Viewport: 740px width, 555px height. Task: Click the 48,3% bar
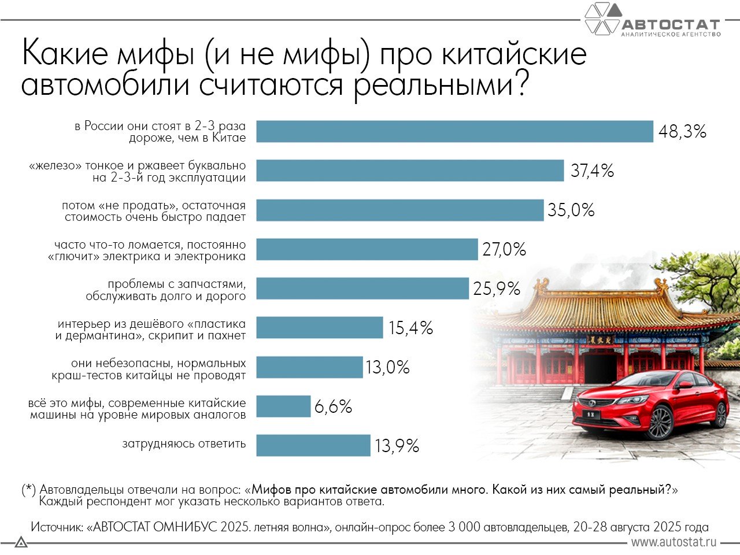(454, 131)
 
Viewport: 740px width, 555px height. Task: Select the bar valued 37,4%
(410, 171)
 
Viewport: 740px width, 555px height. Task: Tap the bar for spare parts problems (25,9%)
(362, 288)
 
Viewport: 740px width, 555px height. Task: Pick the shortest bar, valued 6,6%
(283, 406)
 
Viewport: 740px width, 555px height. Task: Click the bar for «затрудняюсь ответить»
(313, 446)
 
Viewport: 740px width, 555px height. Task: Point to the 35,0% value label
(571, 210)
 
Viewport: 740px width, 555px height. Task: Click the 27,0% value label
(504, 249)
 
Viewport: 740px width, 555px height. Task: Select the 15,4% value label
(410, 328)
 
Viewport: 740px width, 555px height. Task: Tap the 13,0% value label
(387, 368)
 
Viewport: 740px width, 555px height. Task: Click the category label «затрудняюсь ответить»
(184, 444)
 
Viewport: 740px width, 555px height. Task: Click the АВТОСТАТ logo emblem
(602, 18)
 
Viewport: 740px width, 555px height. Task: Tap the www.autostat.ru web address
(674, 542)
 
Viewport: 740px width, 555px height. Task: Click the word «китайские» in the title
(514, 54)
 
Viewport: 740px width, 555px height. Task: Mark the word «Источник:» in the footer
(56, 527)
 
